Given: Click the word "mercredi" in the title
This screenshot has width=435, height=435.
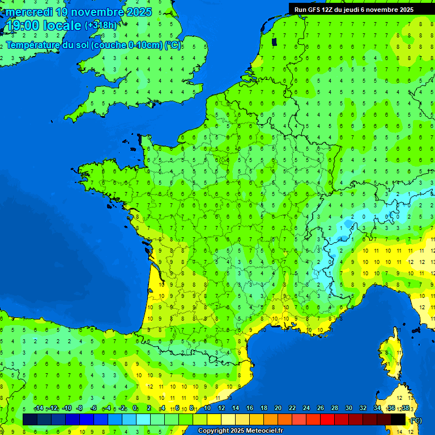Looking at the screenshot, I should (x=31, y=12).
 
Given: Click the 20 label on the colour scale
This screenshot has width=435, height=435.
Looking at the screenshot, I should (x=278, y=408).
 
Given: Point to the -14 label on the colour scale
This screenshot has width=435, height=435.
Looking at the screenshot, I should (x=39, y=408).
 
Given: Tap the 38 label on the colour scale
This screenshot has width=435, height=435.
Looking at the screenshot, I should (x=405, y=408).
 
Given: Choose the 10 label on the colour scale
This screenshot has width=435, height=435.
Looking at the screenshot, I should (x=207, y=408).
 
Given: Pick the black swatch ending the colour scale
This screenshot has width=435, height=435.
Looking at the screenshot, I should (x=399, y=419).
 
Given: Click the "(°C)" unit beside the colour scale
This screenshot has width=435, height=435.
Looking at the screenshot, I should (x=416, y=420).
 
